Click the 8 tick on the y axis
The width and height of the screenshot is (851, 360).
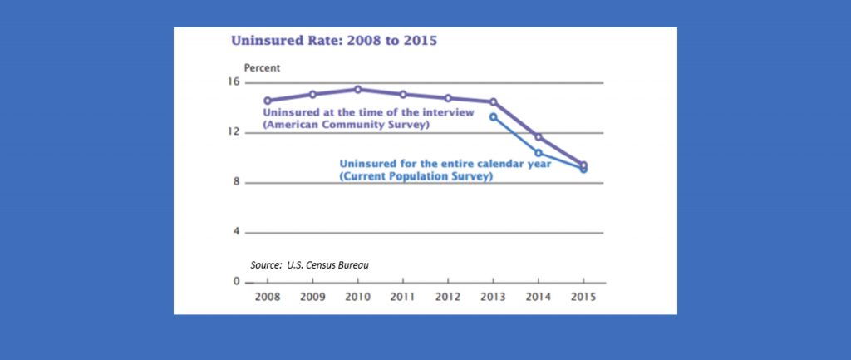pos(236,182)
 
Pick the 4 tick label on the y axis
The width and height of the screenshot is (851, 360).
pos(236,231)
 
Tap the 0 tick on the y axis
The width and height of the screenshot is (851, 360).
pos(236,282)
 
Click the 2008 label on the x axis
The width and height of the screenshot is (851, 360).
pos(267,296)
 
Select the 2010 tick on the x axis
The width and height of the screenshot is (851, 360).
pos(357,296)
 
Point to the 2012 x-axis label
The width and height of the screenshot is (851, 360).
pos(448,296)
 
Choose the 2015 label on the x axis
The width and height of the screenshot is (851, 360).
pos(583,296)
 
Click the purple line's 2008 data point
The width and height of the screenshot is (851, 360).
pos(267,101)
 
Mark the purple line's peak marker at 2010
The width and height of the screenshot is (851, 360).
pos(357,89)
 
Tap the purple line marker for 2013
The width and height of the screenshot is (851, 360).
pos(494,101)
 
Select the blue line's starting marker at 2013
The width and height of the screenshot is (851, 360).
pos(494,117)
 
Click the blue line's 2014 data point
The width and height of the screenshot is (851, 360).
pos(539,153)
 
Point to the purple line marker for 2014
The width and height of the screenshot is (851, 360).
pos(539,137)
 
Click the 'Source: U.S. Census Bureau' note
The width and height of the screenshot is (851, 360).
pos(309,264)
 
